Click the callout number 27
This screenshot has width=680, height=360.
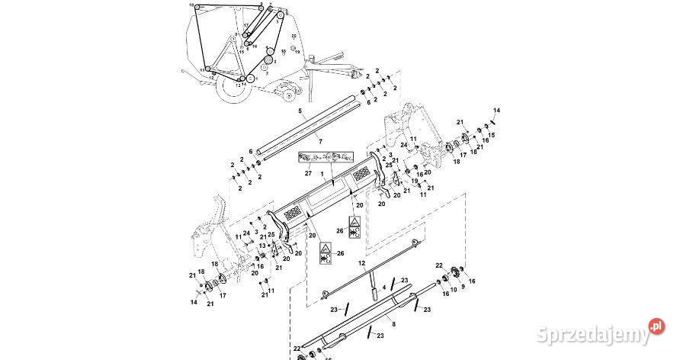[308, 173]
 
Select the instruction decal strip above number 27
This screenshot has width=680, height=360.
[319, 158]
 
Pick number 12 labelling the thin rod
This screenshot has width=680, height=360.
[362, 262]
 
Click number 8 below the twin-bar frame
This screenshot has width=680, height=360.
[393, 323]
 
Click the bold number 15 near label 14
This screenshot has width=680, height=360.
[492, 135]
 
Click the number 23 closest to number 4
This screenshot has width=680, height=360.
[404, 281]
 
